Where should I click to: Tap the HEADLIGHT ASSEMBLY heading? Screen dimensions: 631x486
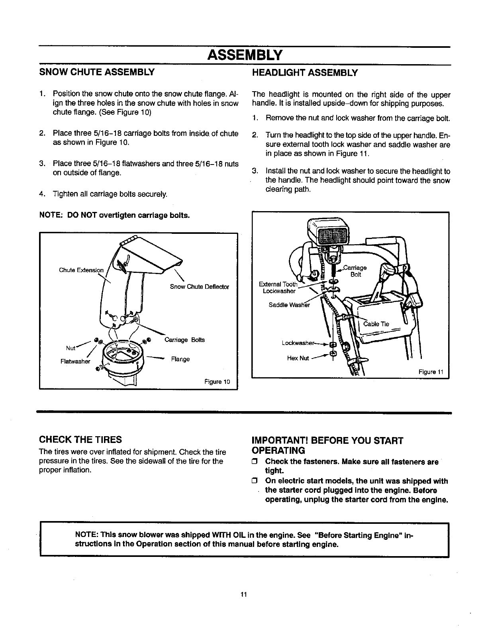point(306,73)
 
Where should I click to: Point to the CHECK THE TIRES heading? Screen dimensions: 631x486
point(80,440)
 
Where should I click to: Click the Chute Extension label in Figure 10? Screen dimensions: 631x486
point(81,270)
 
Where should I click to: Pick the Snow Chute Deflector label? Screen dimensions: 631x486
point(199,287)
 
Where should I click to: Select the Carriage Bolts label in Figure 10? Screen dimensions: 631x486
point(184,340)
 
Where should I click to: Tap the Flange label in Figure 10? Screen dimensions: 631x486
point(180,359)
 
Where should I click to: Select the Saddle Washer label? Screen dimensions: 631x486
point(289,305)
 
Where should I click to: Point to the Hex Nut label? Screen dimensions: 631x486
point(298,358)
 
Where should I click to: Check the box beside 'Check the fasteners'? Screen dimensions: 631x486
point(256,462)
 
